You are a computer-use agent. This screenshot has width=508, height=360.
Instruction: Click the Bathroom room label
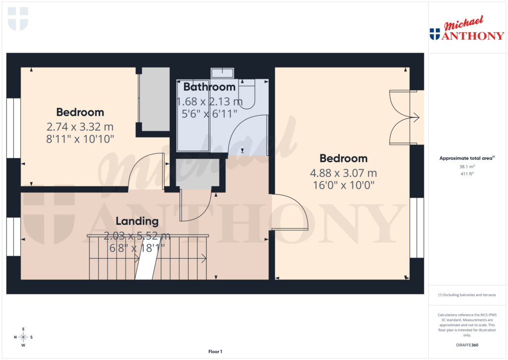pyautogui.click(x=209, y=87)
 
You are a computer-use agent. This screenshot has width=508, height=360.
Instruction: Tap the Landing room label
pyautogui.click(x=137, y=221)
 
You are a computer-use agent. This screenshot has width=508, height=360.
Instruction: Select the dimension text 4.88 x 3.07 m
pyautogui.click(x=343, y=173)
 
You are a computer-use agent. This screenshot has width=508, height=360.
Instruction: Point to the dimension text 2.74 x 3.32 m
pyautogui.click(x=80, y=126)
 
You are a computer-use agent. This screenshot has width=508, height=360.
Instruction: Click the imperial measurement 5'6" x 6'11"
pyautogui.click(x=207, y=114)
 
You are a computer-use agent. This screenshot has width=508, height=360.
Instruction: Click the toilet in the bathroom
pyautogui.click(x=247, y=94)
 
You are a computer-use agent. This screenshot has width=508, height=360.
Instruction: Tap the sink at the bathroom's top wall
pyautogui.click(x=223, y=73)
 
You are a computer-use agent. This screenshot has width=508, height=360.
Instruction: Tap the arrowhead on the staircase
pyautogui.click(x=204, y=258)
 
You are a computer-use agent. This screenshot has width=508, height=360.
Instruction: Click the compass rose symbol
pyautogui.click(x=23, y=337)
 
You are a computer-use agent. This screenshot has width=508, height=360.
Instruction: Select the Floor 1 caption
pyautogui.click(x=215, y=352)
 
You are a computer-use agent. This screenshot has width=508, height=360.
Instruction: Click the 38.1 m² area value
pyautogui.click(x=466, y=167)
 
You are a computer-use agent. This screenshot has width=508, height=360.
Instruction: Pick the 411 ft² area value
pyautogui.click(x=466, y=174)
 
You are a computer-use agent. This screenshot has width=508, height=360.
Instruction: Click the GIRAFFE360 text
pyautogui.click(x=466, y=345)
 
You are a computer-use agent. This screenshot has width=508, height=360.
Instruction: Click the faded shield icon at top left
pyautogui.click(x=18, y=18)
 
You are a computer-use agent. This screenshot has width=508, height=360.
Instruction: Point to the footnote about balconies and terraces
pyautogui.click(x=466, y=295)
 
